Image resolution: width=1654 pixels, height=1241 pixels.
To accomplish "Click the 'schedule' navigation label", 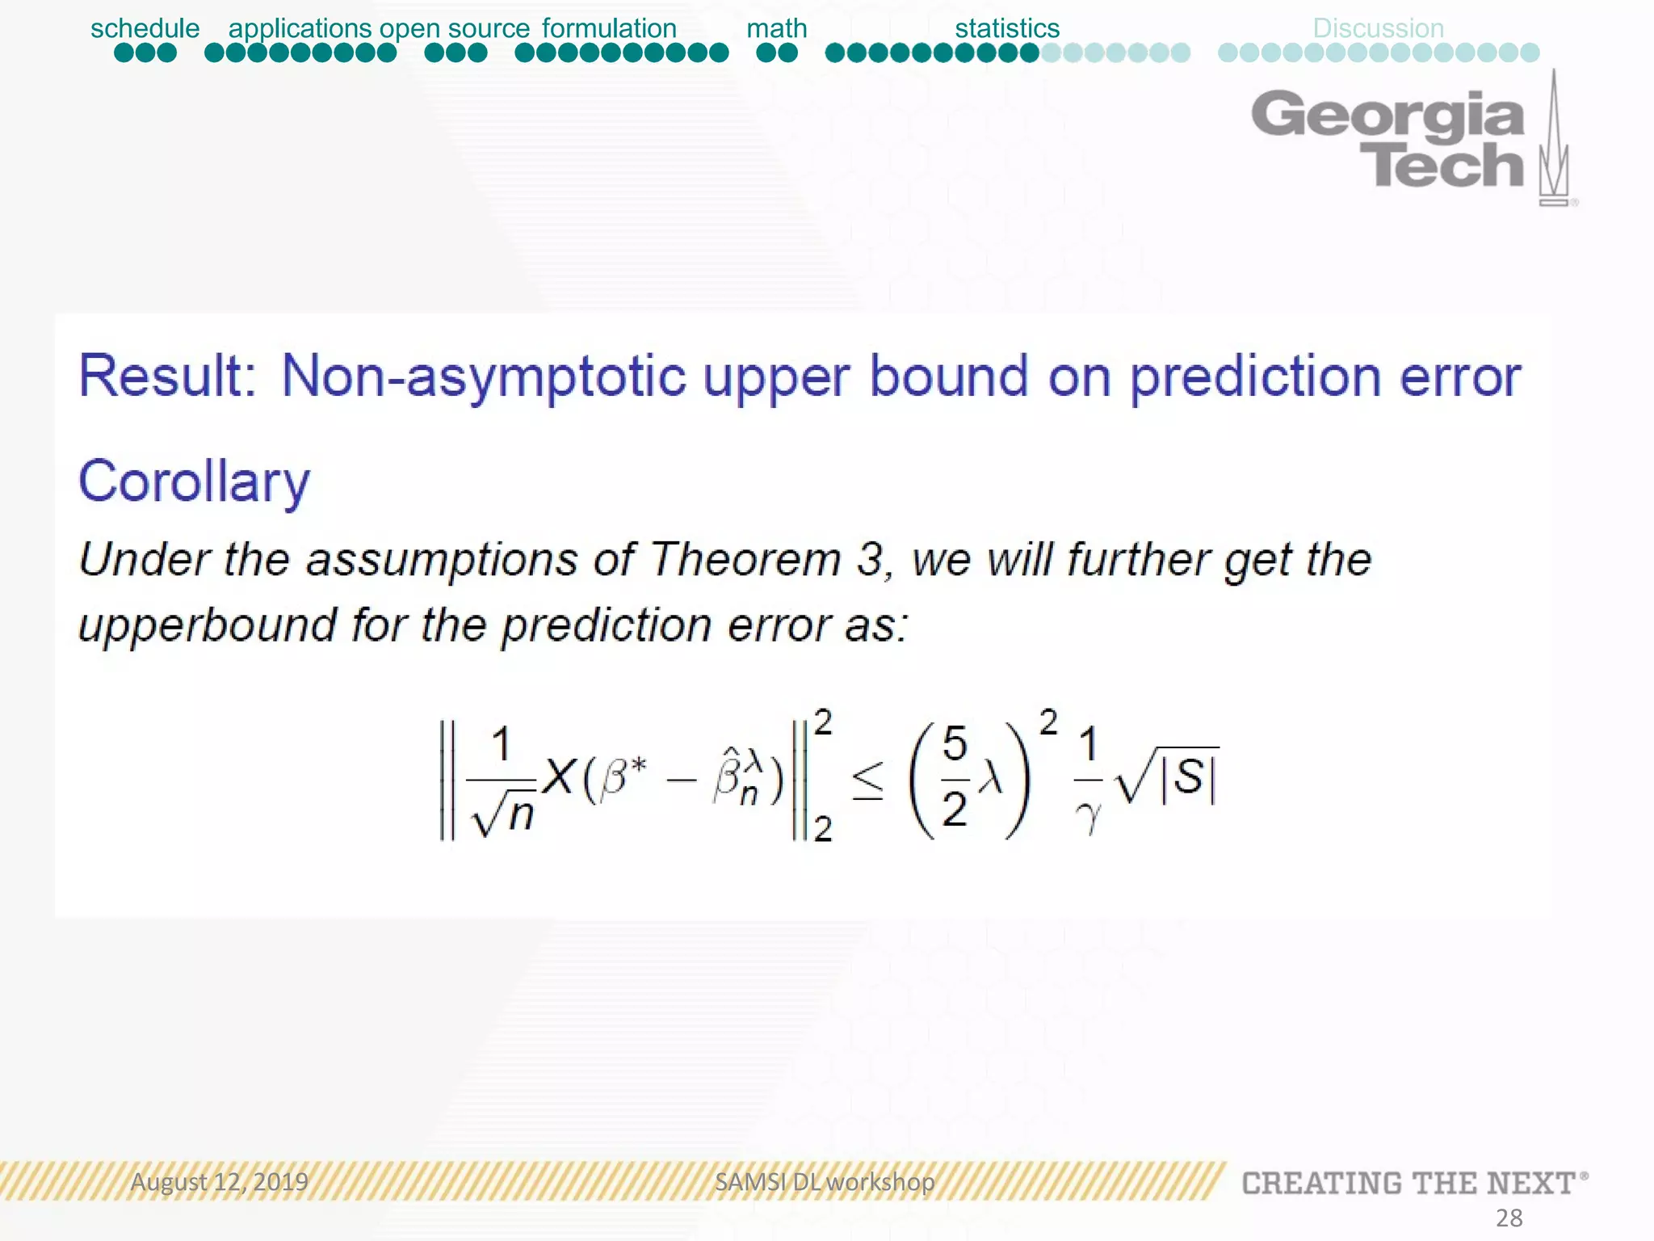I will click(145, 28).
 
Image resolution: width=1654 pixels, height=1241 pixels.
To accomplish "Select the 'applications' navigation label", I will click(300, 28).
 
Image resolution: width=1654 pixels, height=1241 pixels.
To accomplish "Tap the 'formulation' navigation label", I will click(609, 28).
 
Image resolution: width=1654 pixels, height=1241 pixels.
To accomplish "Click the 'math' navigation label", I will click(776, 28).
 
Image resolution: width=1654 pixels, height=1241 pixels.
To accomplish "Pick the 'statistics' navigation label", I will click(1006, 28).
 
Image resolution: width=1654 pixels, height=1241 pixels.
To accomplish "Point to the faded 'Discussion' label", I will click(1378, 28).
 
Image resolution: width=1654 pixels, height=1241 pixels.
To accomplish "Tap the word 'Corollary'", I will click(194, 482).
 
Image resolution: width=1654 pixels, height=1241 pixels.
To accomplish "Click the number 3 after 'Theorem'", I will click(869, 559).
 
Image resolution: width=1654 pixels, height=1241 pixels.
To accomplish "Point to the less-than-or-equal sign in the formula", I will click(868, 780).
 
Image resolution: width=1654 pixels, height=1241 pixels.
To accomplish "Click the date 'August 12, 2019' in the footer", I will click(219, 1182).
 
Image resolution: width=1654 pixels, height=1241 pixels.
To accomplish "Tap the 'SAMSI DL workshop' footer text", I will click(824, 1182).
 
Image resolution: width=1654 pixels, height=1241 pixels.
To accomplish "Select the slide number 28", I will click(1509, 1218).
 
